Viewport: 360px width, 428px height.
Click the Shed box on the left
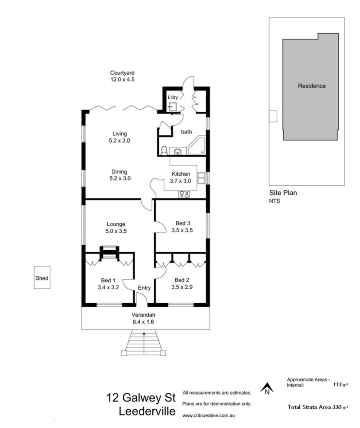tap(42, 278)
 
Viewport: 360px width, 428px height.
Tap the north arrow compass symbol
tap(267, 387)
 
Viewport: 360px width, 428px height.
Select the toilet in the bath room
tap(164, 150)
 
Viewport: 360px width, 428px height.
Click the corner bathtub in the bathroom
tap(196, 146)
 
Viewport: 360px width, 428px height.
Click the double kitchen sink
tap(202, 177)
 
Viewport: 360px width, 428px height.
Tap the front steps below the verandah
tap(143, 344)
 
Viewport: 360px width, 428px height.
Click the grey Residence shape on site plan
tap(311, 87)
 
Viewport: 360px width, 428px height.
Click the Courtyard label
tap(122, 73)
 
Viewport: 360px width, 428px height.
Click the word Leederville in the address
tap(147, 411)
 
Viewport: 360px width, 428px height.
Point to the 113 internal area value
tap(337, 385)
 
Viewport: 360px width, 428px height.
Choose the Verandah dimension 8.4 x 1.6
tap(143, 322)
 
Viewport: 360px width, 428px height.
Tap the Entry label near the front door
tap(144, 288)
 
